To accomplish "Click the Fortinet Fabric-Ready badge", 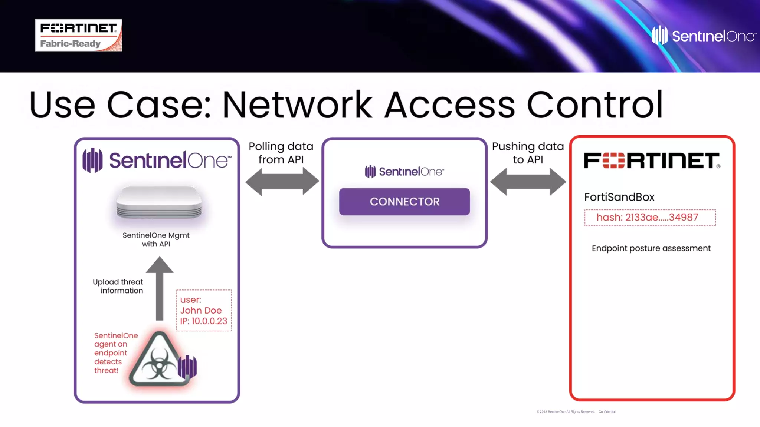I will (x=78, y=35).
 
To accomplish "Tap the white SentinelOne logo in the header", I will (x=704, y=36).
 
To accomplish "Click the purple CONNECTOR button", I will (x=404, y=202).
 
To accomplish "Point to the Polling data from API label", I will (x=281, y=153).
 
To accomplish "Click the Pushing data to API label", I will (x=528, y=153).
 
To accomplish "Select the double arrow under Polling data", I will (x=282, y=181).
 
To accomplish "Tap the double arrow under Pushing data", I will (x=528, y=181).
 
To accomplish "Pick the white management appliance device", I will (x=159, y=202).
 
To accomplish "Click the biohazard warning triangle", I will (x=159, y=359).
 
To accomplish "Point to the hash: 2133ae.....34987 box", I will (x=650, y=218).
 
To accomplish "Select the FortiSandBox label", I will (x=619, y=197).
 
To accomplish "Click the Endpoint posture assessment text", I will (x=651, y=248).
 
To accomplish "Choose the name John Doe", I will (x=201, y=310).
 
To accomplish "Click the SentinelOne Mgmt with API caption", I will (x=156, y=239).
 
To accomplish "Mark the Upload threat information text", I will (x=118, y=286).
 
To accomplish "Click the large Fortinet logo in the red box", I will (x=652, y=160).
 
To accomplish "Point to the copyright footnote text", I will (x=576, y=411).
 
